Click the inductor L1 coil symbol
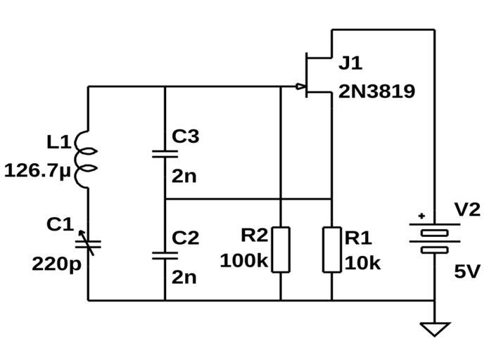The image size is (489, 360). [89, 159]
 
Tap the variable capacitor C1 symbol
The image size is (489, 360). [89, 243]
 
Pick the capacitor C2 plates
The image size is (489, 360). [164, 255]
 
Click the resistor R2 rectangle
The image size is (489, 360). [280, 249]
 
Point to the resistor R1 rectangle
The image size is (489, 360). [331, 249]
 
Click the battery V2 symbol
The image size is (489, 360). [434, 239]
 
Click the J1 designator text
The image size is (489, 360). [350, 63]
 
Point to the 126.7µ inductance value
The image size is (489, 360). [39, 171]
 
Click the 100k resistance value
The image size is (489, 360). [243, 261]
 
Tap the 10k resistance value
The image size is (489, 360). [362, 263]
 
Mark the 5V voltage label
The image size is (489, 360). [466, 271]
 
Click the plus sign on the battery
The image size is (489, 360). [421, 217]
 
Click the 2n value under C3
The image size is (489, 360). [184, 176]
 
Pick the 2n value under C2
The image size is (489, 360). [184, 276]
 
